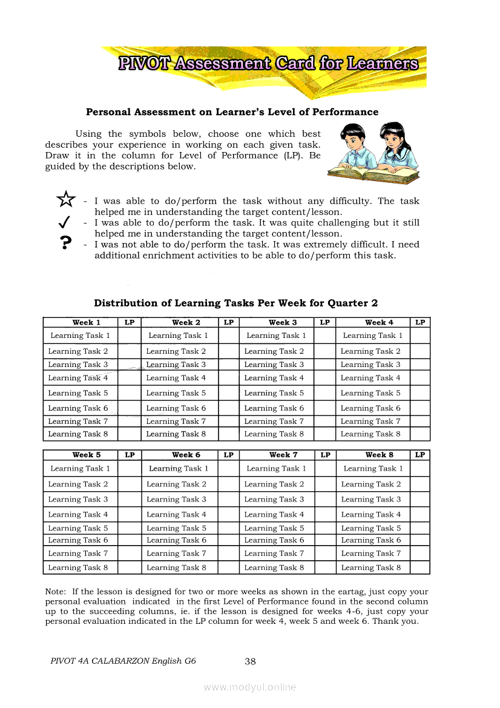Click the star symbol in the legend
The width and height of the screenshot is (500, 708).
click(65, 199)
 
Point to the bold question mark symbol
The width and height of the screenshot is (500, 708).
click(65, 243)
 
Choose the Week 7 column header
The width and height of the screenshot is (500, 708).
click(283, 455)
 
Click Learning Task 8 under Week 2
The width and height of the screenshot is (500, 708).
click(176, 434)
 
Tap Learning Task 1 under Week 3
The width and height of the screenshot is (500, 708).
click(276, 336)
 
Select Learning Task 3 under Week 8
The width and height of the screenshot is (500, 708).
click(371, 500)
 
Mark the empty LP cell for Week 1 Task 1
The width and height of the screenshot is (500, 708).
click(129, 336)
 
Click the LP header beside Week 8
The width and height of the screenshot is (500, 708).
click(420, 455)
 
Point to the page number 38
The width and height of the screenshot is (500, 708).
click(250, 661)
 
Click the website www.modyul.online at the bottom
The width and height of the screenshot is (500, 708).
click(250, 687)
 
